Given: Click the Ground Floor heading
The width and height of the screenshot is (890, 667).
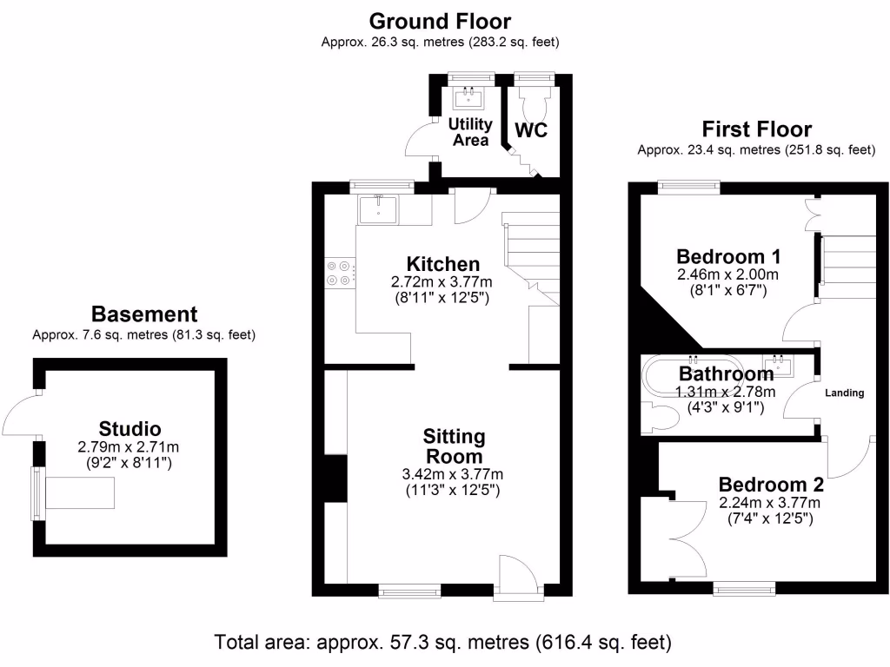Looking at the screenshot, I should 440,21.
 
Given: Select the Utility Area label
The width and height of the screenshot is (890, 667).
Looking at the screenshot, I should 469,132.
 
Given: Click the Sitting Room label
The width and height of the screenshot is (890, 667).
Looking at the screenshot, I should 454,446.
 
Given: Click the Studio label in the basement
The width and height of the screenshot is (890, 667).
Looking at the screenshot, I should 130,428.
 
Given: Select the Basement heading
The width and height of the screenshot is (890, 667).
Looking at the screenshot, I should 144,314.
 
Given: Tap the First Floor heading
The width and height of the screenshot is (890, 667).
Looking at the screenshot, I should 756,130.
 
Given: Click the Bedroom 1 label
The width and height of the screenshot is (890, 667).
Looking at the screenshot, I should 728,257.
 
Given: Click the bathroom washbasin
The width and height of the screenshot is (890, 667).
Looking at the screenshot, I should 779,366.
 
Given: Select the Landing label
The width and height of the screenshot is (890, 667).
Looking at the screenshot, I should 844,393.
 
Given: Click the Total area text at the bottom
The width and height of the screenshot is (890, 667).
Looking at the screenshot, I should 443,644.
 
